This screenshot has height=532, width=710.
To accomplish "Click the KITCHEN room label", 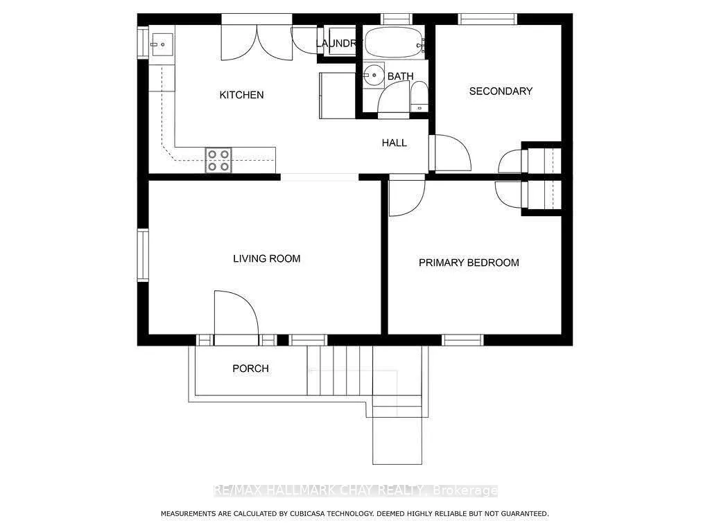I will tap(241, 95).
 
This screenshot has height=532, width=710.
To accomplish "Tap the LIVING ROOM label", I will tap(266, 259).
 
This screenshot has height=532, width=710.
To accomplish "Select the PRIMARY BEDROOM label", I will tap(469, 263).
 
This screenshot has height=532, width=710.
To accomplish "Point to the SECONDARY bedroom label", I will tap(501, 91).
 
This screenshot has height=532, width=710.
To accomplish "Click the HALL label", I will tap(394, 143).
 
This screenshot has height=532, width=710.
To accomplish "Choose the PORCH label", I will tap(250, 369).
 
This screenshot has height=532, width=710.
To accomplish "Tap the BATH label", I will tap(400, 76).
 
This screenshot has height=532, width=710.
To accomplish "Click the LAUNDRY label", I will tap(338, 44).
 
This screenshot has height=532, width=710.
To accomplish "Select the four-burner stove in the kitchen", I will tap(218, 161).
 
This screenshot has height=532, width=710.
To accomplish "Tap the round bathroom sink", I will tap(374, 74).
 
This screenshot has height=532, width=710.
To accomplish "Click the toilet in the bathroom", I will tap(419, 98).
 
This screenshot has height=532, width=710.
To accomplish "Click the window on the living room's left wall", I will tap(143, 255).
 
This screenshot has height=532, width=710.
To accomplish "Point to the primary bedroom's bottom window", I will tap(462, 340).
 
